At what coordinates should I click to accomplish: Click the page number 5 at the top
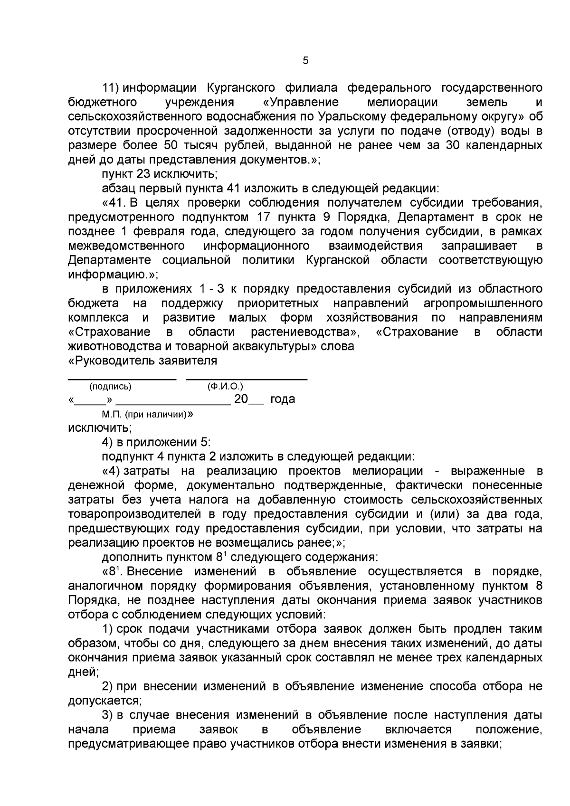305,61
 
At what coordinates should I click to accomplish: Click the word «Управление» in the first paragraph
301,102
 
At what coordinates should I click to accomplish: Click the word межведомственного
126,246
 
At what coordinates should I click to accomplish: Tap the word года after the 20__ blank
283,399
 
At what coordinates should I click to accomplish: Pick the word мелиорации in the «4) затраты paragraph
388,471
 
